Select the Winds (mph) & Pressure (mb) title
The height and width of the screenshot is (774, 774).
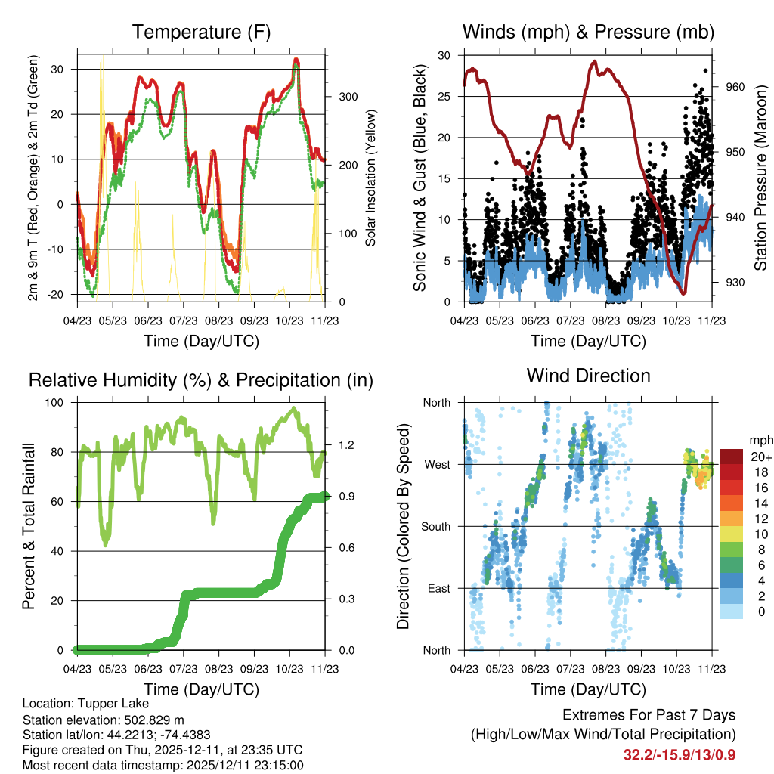588,32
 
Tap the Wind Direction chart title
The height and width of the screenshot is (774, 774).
588,375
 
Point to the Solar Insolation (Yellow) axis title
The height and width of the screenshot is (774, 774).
370,181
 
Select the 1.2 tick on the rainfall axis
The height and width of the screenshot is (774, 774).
342,445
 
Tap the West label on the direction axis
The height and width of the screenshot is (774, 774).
436,464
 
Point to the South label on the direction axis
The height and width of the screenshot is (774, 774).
435,526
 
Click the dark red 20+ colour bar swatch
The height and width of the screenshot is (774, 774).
731,457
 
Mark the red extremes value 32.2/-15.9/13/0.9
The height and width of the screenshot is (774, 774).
680,755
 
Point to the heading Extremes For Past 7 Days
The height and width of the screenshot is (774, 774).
649,715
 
